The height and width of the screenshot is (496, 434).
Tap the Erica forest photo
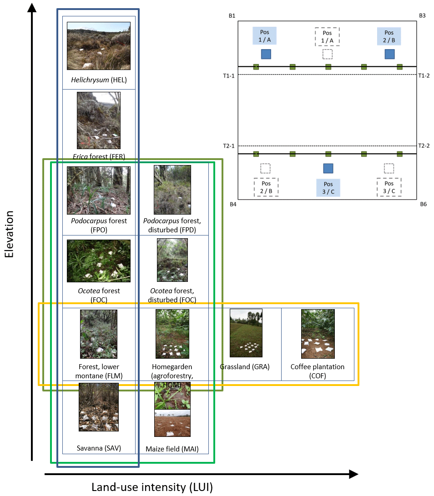click(x=99, y=120)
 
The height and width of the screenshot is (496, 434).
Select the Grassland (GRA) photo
click(x=246, y=333)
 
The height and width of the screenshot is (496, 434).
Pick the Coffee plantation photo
click(x=318, y=334)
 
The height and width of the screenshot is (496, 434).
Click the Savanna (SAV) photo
click(x=99, y=407)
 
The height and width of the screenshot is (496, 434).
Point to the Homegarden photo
click(x=172, y=334)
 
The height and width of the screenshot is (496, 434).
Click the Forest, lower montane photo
click(x=99, y=334)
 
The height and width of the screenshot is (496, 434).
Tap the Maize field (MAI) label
click(x=172, y=449)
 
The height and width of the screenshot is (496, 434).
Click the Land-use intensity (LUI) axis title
click(x=152, y=487)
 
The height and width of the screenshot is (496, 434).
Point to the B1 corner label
click(x=232, y=16)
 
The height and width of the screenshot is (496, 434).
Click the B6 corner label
click(x=423, y=204)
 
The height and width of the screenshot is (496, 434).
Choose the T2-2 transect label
click(x=424, y=145)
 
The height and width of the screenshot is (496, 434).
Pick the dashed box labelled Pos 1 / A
click(x=327, y=36)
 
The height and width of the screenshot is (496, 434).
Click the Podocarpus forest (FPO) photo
click(x=99, y=190)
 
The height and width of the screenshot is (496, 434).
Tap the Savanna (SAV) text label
click(x=99, y=448)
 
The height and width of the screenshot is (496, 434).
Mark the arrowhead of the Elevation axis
click(x=32, y=7)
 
